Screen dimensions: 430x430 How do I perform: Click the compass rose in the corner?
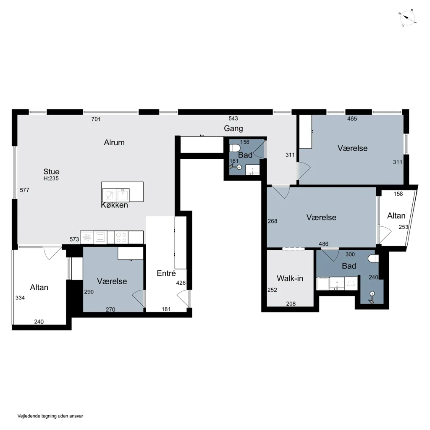(x=407, y=18)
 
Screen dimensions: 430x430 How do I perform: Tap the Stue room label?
(x=51, y=172)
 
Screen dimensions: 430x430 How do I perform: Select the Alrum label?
(x=114, y=142)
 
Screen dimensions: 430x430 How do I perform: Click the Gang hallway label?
(x=233, y=128)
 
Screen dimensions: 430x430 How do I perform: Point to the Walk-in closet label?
(x=290, y=278)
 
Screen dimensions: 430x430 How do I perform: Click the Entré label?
(x=166, y=273)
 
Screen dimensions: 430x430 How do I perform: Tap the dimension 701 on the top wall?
(x=96, y=119)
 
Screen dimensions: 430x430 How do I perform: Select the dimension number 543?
(x=233, y=118)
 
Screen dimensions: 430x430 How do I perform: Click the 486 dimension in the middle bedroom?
(x=323, y=244)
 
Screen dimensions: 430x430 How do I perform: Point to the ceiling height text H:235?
(x=51, y=178)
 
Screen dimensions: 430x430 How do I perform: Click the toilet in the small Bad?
(x=234, y=148)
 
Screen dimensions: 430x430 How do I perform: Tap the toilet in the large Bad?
(x=374, y=258)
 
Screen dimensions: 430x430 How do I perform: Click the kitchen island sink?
(x=123, y=195)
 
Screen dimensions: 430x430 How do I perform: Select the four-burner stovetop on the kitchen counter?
(x=121, y=238)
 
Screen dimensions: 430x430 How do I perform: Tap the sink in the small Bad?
(x=252, y=170)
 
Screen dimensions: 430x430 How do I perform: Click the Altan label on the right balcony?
(x=396, y=216)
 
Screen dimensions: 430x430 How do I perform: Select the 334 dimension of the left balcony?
(x=20, y=298)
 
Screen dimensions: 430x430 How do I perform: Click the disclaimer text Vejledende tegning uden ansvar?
(x=50, y=416)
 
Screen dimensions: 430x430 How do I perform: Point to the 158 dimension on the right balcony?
(x=398, y=194)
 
